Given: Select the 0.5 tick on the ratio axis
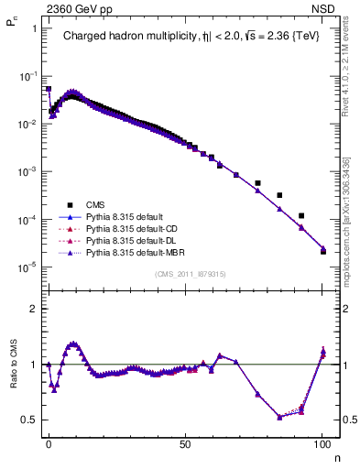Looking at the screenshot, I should (x=30, y=420).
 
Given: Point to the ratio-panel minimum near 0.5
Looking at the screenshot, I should (x=279, y=417).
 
